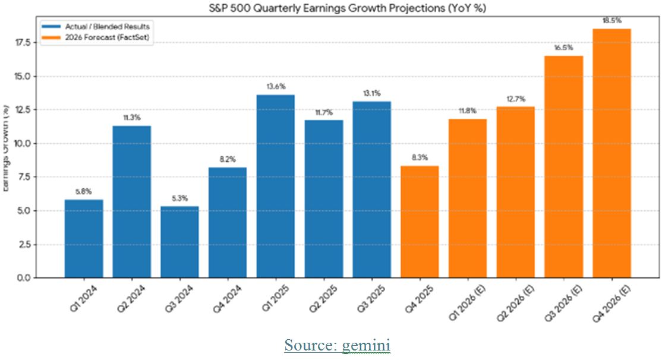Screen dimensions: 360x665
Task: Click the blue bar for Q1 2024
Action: (x=84, y=238)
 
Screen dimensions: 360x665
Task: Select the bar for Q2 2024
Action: (x=131, y=201)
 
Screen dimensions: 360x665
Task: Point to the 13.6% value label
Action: (x=275, y=86)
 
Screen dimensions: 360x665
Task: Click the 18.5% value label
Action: (x=612, y=20)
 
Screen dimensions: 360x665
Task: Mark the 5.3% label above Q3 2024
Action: (x=179, y=198)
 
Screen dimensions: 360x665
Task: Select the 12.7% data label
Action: (x=515, y=99)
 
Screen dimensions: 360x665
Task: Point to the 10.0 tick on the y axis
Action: (x=47, y=144)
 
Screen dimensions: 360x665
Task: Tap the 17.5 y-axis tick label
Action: (x=47, y=43)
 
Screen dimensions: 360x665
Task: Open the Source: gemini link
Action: (x=337, y=345)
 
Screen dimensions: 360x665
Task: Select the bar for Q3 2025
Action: (x=371, y=190)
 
